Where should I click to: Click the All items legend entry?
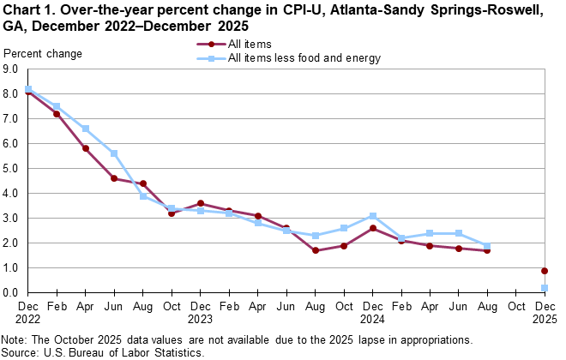[x=250, y=45]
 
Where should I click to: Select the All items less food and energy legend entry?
[x=304, y=58]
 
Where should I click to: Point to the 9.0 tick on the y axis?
[x=12, y=69]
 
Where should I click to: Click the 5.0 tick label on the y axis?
[x=12, y=169]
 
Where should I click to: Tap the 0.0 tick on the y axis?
[x=12, y=293]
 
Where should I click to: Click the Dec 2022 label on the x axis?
[x=28, y=310]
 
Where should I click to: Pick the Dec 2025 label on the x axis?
[x=545, y=310]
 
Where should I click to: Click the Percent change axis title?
[x=44, y=54]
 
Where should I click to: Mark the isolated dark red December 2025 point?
[x=545, y=271]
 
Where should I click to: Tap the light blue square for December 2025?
[x=545, y=288]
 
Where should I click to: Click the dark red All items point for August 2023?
[x=142, y=183]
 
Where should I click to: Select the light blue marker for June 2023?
[x=114, y=153]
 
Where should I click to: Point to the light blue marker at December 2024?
[x=373, y=216]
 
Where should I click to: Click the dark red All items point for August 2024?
[x=316, y=250]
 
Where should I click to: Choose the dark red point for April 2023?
[x=86, y=148]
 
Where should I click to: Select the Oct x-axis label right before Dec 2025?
[x=516, y=304]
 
